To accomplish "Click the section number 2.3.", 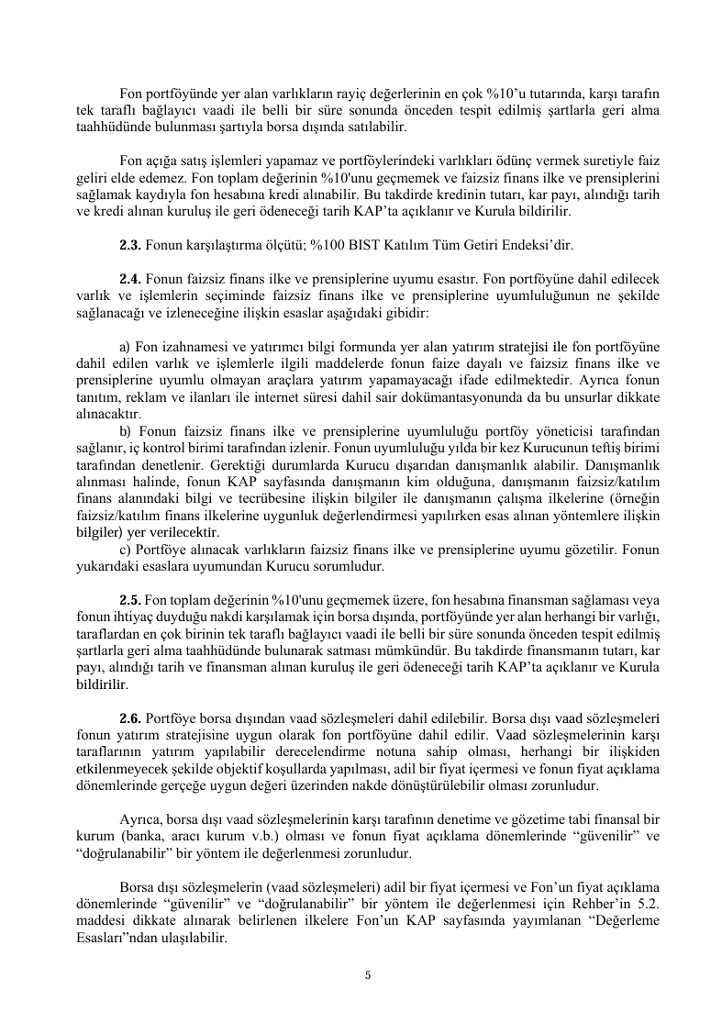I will click(x=131, y=245).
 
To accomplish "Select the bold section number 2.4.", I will click(x=131, y=278).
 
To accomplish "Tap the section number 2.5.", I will click(x=131, y=596).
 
